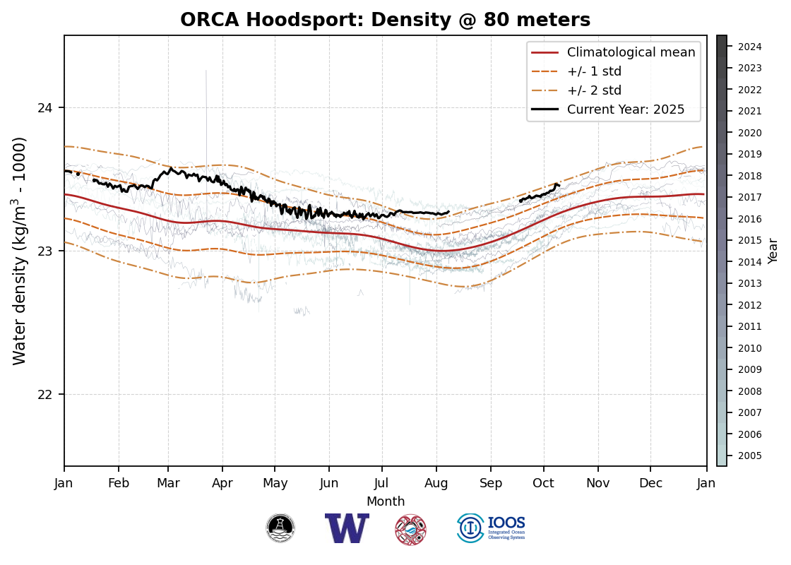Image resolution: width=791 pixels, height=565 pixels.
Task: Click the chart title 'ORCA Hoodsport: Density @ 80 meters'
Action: pyautogui.click(x=385, y=20)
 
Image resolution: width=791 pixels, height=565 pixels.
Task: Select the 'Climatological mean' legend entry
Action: pyautogui.click(x=631, y=52)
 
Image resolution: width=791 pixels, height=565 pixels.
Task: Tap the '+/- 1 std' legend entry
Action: pyautogui.click(x=594, y=71)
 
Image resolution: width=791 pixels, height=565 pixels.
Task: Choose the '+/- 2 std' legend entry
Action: pyautogui.click(x=594, y=90)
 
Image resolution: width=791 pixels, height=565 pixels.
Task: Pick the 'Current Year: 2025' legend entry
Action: pyautogui.click(x=625, y=109)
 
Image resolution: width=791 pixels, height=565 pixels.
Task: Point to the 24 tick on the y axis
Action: pyautogui.click(x=50, y=108)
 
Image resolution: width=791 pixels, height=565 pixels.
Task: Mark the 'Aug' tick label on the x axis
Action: pyautogui.click(x=436, y=483)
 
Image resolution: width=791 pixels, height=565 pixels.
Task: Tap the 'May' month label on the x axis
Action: pyautogui.click(x=275, y=483)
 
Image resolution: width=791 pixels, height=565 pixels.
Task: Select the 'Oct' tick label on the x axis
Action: pyautogui.click(x=543, y=483)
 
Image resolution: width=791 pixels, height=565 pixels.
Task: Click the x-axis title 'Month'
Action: pyautogui.click(x=386, y=501)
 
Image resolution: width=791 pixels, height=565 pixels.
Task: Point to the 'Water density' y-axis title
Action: pyautogui.click(x=20, y=251)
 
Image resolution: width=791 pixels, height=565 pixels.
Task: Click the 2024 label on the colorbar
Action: pyautogui.click(x=749, y=47)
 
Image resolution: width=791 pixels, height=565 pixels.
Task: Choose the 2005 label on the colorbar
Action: pyautogui.click(x=749, y=456)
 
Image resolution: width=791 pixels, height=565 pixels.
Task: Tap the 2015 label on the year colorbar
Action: pyautogui.click(x=749, y=241)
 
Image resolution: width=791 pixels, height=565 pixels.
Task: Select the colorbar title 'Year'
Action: pyautogui.click(x=773, y=251)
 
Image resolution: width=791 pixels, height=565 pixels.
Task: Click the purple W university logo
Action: pyautogui.click(x=347, y=528)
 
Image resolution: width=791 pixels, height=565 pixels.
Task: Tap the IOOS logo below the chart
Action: pyautogui.click(x=491, y=528)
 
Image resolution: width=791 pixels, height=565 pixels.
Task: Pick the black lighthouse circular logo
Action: pyautogui.click(x=280, y=528)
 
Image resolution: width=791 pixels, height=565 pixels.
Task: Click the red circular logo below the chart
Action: pyautogui.click(x=410, y=530)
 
